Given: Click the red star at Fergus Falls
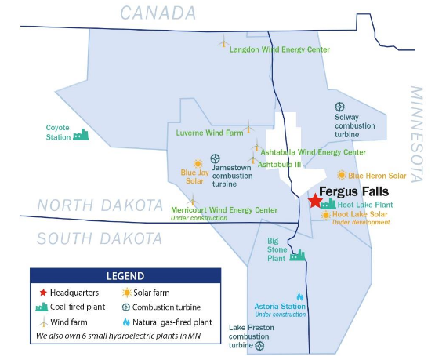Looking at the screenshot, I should coord(315,201).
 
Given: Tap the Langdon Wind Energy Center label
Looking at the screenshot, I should coord(279,49).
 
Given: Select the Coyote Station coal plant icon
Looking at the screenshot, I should coord(80,135).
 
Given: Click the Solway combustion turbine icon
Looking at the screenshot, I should coord(340,107).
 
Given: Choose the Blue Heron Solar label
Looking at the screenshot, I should coord(377,176).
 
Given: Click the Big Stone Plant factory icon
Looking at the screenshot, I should coord(297,255).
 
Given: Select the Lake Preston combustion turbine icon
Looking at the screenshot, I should coord(259,344).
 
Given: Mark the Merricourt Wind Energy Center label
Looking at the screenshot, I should coord(224,210).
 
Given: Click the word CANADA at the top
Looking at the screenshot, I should coord(157,13).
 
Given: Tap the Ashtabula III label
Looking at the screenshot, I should coord(280,164).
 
